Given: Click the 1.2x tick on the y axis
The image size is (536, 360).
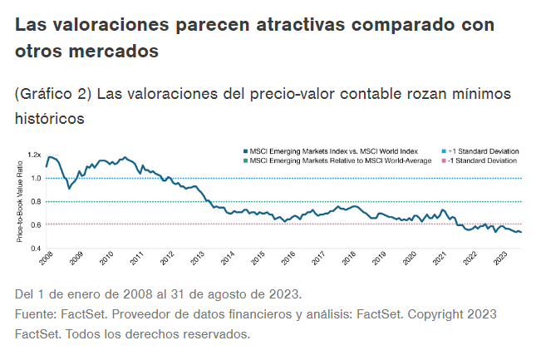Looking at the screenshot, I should (34, 155).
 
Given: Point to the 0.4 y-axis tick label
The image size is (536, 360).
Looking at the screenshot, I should (36, 248).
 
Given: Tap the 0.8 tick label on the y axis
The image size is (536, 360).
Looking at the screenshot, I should (36, 201).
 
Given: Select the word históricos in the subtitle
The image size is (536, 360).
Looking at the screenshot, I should (50, 119).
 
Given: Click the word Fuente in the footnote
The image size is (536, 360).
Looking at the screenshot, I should (37, 314).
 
